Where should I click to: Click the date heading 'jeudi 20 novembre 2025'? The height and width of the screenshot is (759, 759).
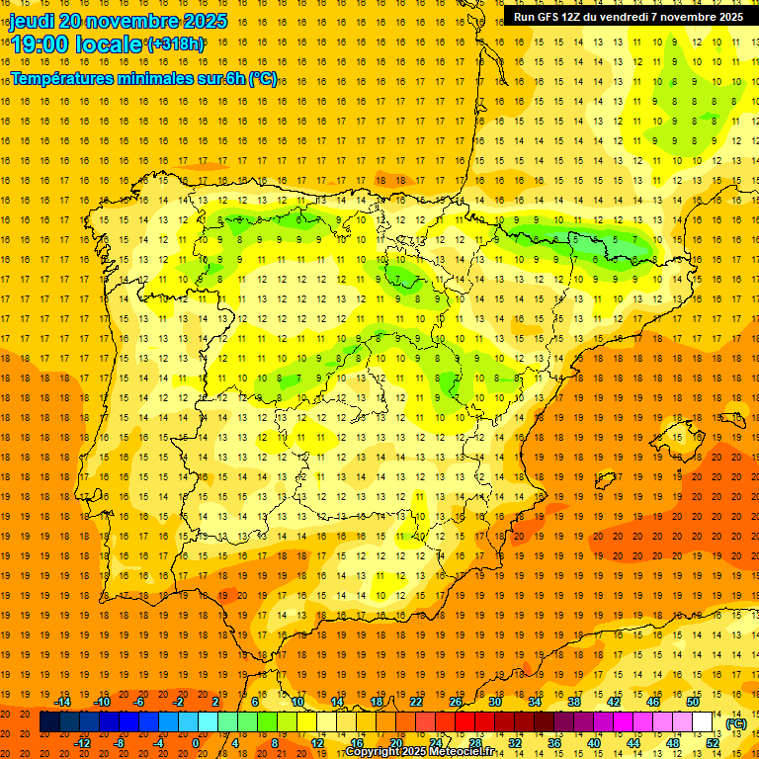coord(119,21)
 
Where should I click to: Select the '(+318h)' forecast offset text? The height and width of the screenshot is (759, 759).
coord(176,44)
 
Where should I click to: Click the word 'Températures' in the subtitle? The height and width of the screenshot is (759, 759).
coord(69,78)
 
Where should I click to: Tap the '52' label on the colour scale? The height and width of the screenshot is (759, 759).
coord(713,743)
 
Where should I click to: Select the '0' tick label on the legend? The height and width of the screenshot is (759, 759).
coord(197,743)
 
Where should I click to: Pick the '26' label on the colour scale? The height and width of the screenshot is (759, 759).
coord(455,702)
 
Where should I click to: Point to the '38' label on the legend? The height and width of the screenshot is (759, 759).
coord(574,702)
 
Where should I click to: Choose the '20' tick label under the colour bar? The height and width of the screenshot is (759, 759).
coord(395,743)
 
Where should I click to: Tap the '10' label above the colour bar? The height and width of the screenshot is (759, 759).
coord(296,702)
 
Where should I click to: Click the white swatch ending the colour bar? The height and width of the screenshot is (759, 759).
coord(702,722)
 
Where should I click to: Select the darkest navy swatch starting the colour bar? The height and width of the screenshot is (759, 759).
coord(49,722)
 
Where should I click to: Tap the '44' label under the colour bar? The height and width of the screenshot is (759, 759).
coord(633,743)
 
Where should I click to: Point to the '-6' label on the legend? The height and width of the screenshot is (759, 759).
coord(139,702)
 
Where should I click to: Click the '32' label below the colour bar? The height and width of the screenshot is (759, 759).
coord(514,743)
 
